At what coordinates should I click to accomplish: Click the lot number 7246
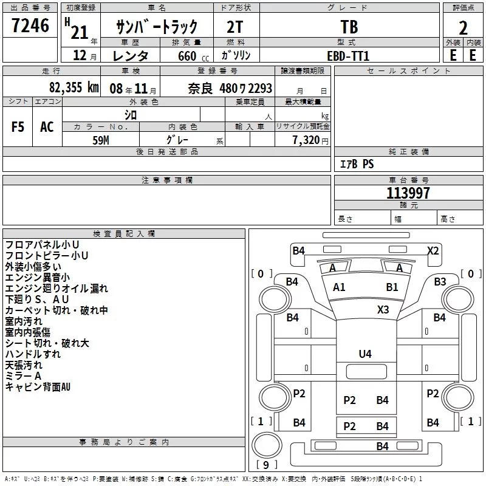coord(30,26)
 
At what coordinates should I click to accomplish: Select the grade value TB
coord(349,27)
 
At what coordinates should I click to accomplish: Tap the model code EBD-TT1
coord(348,56)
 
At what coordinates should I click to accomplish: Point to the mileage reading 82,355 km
coord(74,87)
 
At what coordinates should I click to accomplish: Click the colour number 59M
coord(101,140)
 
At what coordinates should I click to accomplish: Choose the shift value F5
coord(18,127)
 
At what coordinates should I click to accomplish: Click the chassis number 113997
coord(408,193)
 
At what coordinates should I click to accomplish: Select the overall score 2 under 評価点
coord(463,28)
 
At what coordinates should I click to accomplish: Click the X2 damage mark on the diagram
coord(433,250)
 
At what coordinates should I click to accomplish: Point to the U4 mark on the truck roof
coord(365,354)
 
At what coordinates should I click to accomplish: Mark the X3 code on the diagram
coord(383,310)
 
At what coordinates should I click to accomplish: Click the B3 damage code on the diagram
coord(440,282)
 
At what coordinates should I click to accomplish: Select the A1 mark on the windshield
coord(339,287)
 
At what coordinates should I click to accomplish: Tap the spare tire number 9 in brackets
coord(266,465)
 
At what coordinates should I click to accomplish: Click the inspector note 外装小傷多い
coord(33,267)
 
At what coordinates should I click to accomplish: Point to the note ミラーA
coord(23,376)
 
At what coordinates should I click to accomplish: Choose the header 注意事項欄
coord(167,180)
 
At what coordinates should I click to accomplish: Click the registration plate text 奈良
coord(200,89)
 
